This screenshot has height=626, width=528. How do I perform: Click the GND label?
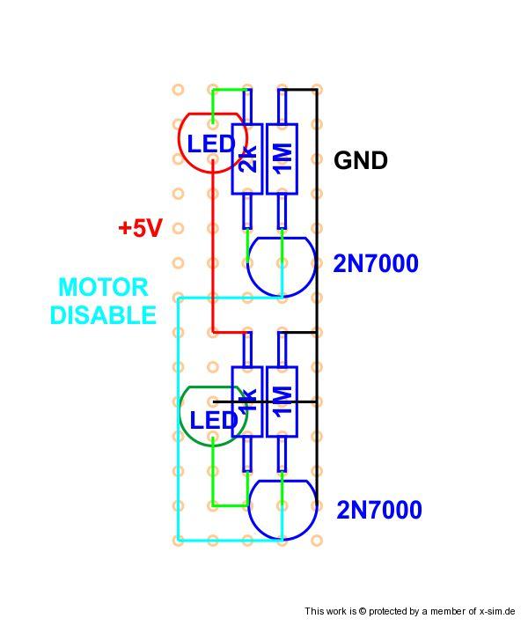(361, 160)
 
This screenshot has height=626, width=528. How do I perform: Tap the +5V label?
(141, 228)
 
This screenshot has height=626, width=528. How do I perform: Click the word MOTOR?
(103, 287)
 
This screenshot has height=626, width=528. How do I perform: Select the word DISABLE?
(103, 314)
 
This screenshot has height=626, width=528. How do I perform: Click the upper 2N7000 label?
(376, 263)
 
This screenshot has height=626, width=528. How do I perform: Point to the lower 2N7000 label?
(379, 510)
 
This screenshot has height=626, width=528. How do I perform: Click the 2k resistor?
(247, 158)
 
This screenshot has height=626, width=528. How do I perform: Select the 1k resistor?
(247, 401)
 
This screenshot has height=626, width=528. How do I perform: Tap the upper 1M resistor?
(282, 158)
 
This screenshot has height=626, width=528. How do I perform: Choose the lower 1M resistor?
(282, 401)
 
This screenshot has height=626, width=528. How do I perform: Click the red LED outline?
(187, 158)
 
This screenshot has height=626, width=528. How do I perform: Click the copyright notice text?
(414, 611)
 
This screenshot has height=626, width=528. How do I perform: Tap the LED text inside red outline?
(211, 144)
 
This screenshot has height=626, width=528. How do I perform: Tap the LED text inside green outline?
(214, 420)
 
